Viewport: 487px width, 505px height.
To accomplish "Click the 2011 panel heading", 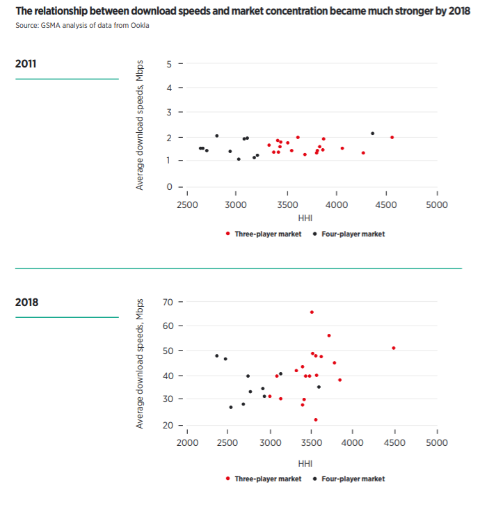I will (26, 64).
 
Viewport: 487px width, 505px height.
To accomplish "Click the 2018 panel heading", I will (26, 303).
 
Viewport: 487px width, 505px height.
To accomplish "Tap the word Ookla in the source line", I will (139, 26).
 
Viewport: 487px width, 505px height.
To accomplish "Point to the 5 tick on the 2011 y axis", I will (169, 64).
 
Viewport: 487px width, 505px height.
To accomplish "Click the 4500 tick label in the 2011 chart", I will (387, 205).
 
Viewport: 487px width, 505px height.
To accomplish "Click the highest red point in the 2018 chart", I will (312, 312).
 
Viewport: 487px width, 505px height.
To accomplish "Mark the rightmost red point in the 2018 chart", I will (394, 348).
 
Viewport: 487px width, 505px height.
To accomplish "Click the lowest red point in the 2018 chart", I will (316, 419).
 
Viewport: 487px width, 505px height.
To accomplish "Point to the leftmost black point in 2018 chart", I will (216, 355).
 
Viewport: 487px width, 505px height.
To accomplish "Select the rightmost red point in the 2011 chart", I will (392, 137).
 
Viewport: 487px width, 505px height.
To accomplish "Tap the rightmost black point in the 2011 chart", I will (372, 134).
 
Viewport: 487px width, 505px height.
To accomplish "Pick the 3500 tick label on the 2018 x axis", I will (312, 443).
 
